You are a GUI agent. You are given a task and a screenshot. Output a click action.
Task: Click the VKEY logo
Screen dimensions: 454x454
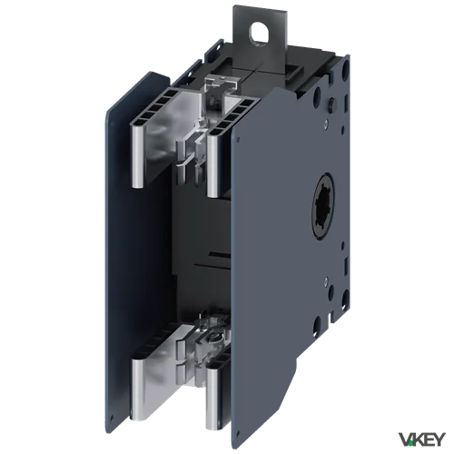pyautogui.click(x=422, y=439)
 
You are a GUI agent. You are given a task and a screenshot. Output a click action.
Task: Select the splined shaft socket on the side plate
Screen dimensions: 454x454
pyautogui.click(x=323, y=206)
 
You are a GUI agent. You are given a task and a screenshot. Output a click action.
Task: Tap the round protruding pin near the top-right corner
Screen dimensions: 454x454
pyautogui.click(x=332, y=103)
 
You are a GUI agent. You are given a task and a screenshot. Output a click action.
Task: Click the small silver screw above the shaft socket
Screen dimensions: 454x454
pyautogui.click(x=325, y=122)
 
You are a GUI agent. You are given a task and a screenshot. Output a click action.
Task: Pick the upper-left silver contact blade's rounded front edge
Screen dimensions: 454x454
pyautogui.click(x=138, y=156)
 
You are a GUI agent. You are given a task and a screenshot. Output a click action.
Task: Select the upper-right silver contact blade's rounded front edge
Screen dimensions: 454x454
pyautogui.click(x=212, y=166)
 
